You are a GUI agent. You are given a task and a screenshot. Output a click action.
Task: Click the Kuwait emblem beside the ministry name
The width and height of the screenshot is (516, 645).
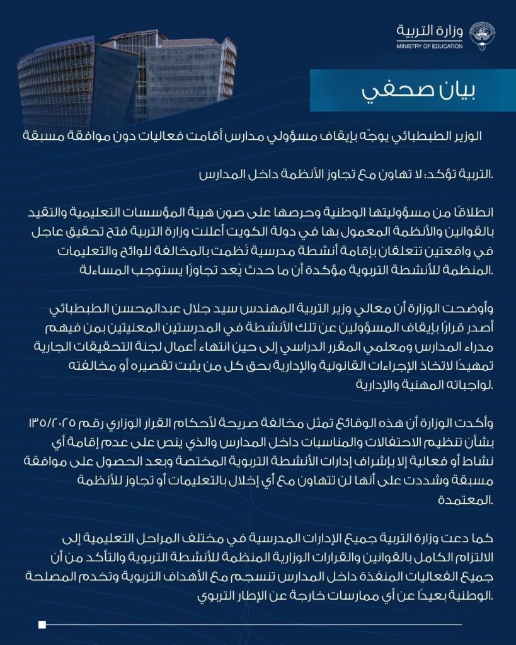pyautogui.click(x=482, y=35)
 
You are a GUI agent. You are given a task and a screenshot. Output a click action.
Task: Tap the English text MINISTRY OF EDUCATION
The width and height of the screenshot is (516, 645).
pyautogui.click(x=429, y=46)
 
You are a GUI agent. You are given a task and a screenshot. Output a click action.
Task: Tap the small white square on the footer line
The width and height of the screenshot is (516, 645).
pyautogui.click(x=42, y=625)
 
